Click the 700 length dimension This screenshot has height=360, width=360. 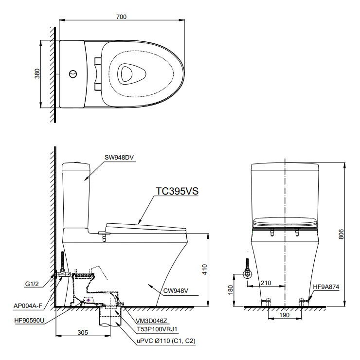(122, 17)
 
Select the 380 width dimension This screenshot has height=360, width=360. (37, 74)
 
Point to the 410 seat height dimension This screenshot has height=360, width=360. (205, 270)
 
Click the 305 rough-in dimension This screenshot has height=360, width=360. (82, 333)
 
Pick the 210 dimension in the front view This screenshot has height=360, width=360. (266, 283)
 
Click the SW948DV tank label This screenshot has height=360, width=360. (119, 158)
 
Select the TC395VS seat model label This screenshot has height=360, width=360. (177, 192)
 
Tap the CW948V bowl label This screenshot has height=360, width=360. (176, 291)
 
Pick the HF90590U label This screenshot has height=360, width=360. (29, 321)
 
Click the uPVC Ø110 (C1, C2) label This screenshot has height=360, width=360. (165, 341)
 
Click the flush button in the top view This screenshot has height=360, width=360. (73, 74)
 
